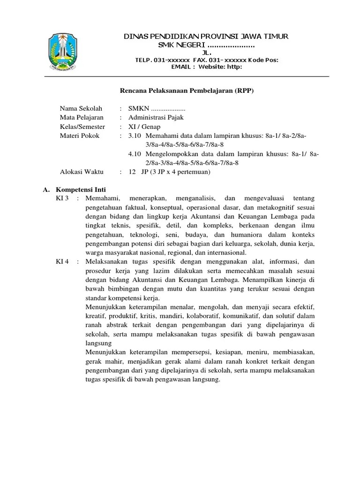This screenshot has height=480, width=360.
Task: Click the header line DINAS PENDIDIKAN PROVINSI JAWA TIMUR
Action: click(206, 37)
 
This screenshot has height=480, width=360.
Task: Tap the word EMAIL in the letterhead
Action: click(180, 67)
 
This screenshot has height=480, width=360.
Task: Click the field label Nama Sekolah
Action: click(81, 109)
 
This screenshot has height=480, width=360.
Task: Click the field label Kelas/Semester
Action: click(82, 127)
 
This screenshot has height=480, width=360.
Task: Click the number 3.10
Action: click(135, 135)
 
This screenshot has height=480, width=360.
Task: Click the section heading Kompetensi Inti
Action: click(81, 190)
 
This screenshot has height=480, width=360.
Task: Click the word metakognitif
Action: click(272, 208)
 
